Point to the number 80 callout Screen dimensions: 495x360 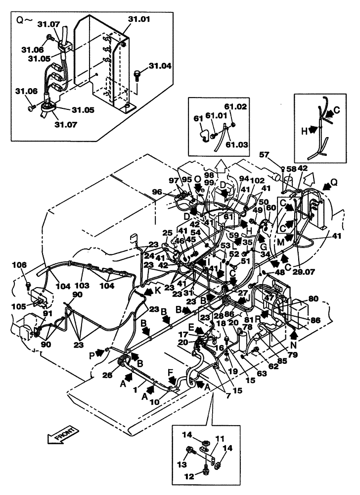[314, 298]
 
